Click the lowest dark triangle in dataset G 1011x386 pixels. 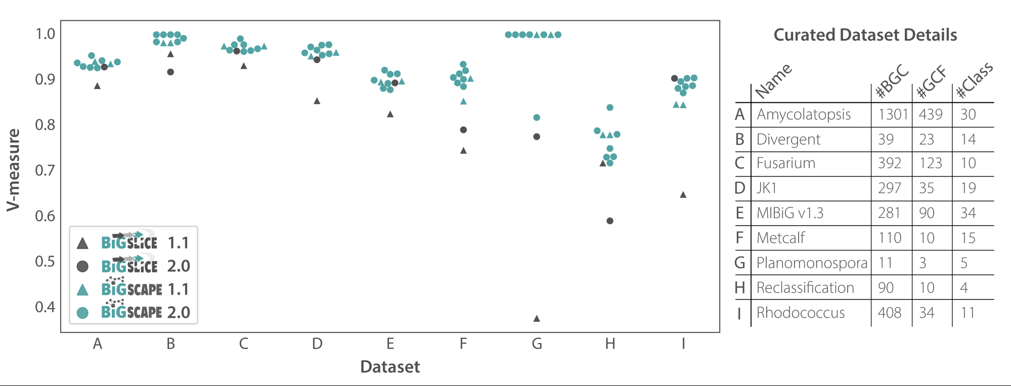tap(537, 318)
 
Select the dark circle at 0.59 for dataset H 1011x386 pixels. tap(610, 221)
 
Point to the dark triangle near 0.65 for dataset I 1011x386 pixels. tap(683, 195)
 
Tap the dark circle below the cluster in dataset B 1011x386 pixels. tap(170, 72)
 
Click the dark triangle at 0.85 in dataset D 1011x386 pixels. tap(317, 101)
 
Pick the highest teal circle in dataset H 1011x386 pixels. tap(610, 108)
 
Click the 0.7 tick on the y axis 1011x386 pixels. tap(45, 170)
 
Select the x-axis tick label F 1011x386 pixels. tap(463, 344)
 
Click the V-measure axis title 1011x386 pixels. tap(14, 170)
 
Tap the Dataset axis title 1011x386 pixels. tap(390, 367)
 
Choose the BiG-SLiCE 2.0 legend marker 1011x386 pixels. tap(82, 266)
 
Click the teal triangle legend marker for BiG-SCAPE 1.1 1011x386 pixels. tap(82, 289)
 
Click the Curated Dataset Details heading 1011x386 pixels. tap(865, 35)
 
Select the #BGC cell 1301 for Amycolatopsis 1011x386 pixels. tap(893, 114)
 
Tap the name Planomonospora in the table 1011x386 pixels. tap(812, 263)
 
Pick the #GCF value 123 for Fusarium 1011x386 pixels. tap(931, 163)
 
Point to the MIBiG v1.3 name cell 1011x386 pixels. tap(790, 213)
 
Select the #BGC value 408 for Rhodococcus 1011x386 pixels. tap(890, 313)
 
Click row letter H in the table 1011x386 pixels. tap(739, 288)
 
